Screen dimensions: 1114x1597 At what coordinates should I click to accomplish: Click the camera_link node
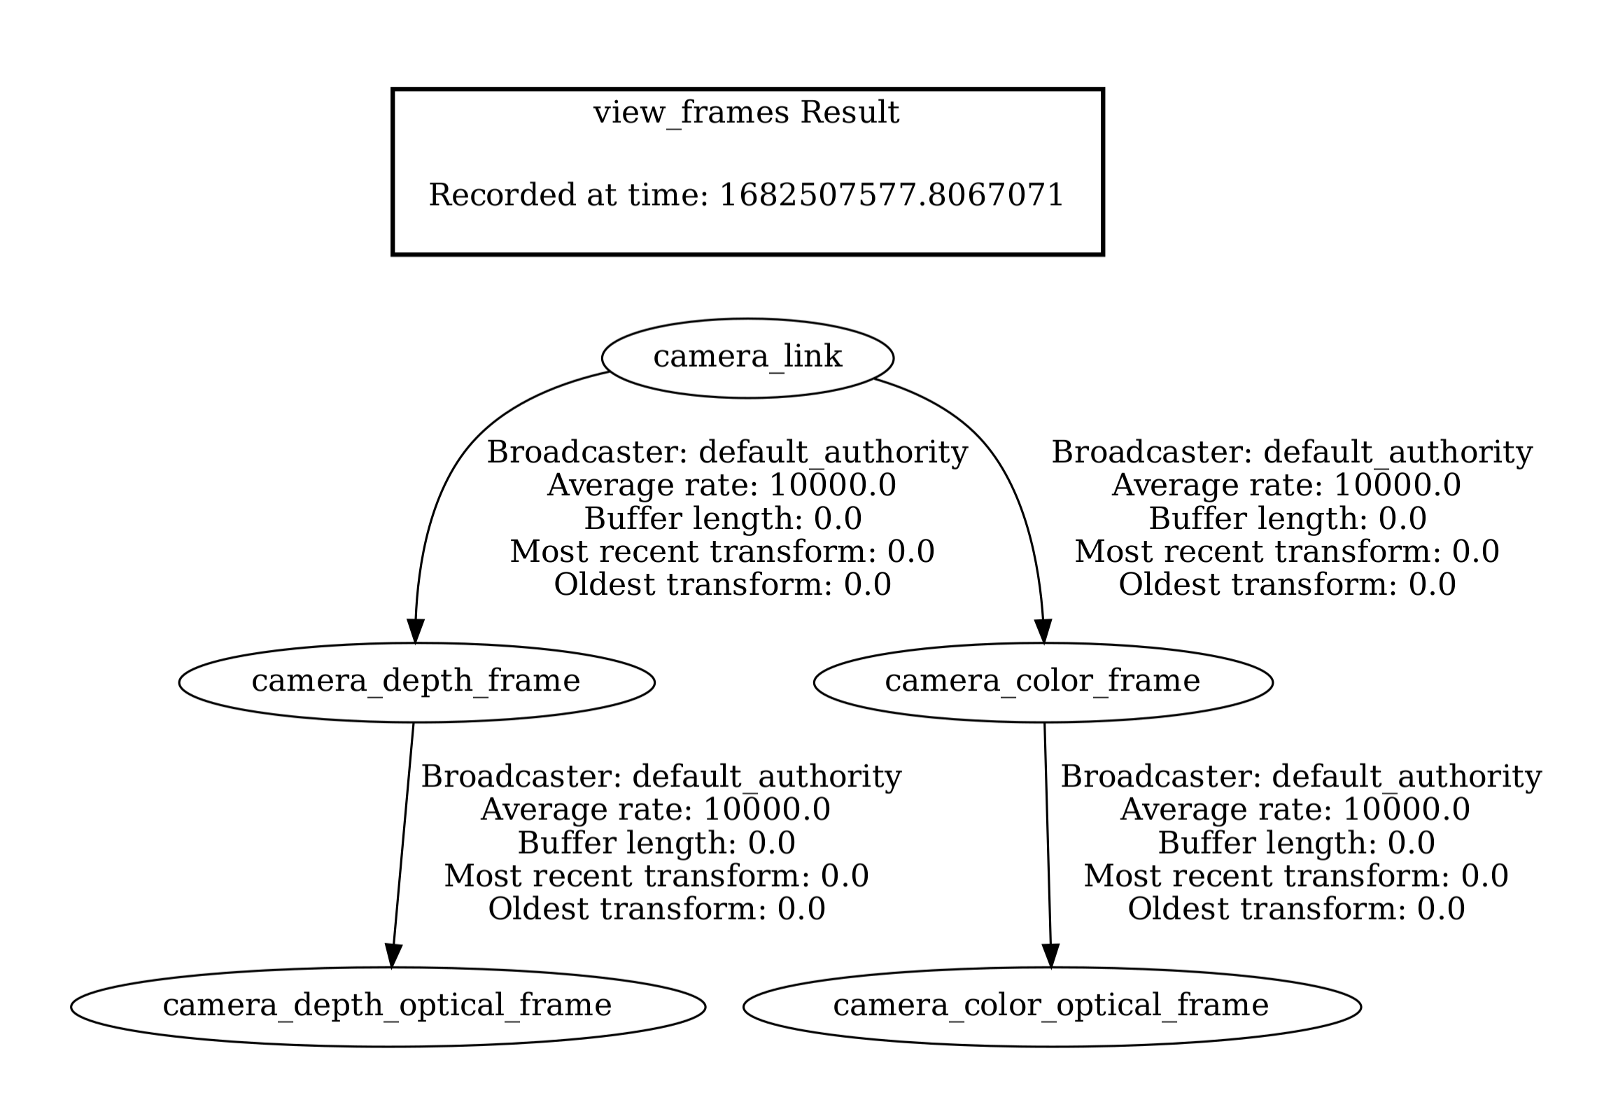(x=747, y=358)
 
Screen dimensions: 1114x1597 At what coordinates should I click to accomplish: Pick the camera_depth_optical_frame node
(x=387, y=1006)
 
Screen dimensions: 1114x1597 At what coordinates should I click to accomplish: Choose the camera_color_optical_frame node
(x=1051, y=1006)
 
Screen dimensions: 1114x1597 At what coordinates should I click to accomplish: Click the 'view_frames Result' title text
(x=746, y=112)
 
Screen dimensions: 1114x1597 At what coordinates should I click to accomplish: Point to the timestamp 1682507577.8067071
(x=891, y=195)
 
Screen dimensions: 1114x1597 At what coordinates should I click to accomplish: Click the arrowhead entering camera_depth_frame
(x=415, y=631)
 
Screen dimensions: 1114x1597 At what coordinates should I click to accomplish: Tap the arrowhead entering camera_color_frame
(x=1043, y=631)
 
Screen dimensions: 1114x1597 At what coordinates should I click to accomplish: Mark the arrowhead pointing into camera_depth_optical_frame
(x=393, y=956)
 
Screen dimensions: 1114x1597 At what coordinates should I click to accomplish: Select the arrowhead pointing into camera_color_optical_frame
(x=1050, y=956)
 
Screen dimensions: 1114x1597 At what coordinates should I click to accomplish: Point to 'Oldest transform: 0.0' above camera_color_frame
(x=1287, y=584)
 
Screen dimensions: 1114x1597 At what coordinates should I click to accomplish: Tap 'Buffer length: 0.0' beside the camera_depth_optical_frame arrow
(x=656, y=842)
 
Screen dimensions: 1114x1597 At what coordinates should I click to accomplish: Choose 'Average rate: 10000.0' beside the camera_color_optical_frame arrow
(x=1295, y=810)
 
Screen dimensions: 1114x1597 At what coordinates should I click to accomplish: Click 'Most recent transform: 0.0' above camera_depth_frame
(x=722, y=551)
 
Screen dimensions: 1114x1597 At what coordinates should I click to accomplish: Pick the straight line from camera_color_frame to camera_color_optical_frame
(x=1048, y=840)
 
